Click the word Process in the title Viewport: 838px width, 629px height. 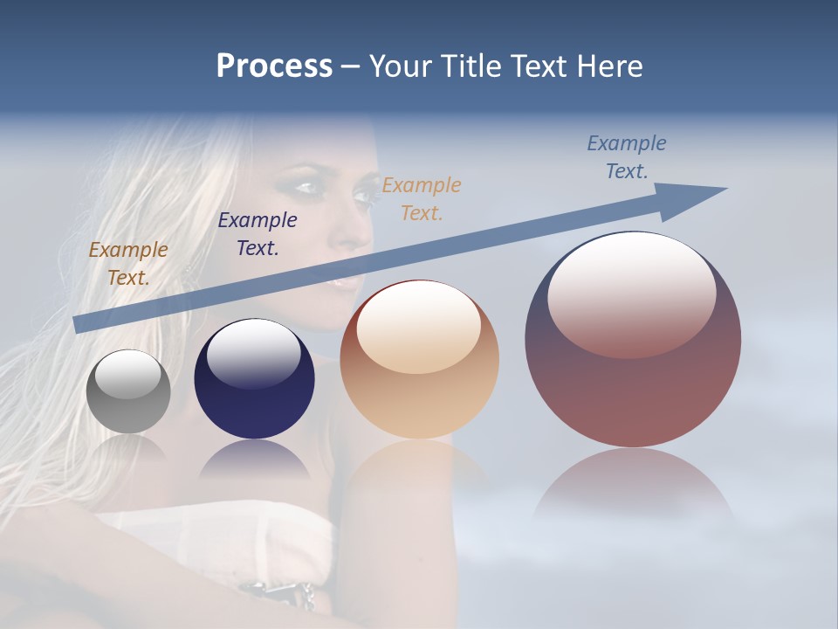click(x=274, y=66)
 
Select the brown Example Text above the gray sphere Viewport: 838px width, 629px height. click(x=128, y=263)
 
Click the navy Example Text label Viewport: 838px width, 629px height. click(x=258, y=233)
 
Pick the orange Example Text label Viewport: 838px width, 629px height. click(x=422, y=198)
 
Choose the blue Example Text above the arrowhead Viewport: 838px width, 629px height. click(x=627, y=157)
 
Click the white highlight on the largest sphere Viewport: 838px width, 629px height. click(x=631, y=293)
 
